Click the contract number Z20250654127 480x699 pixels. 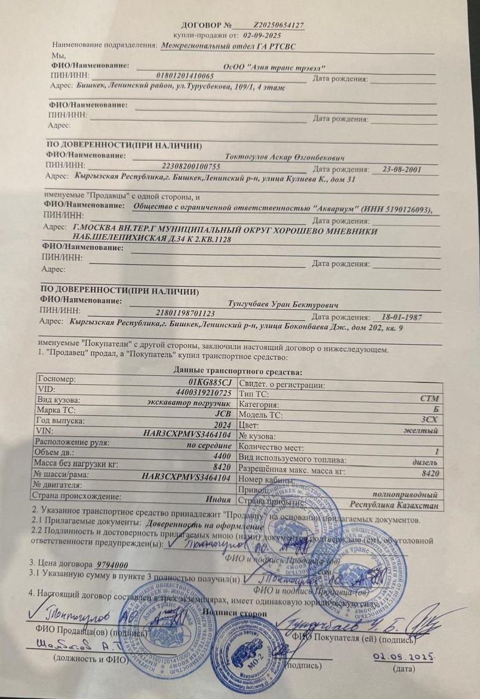(x=279, y=26)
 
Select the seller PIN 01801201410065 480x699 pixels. (x=184, y=76)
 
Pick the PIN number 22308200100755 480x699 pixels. (x=191, y=166)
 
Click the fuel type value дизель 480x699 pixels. (x=425, y=462)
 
